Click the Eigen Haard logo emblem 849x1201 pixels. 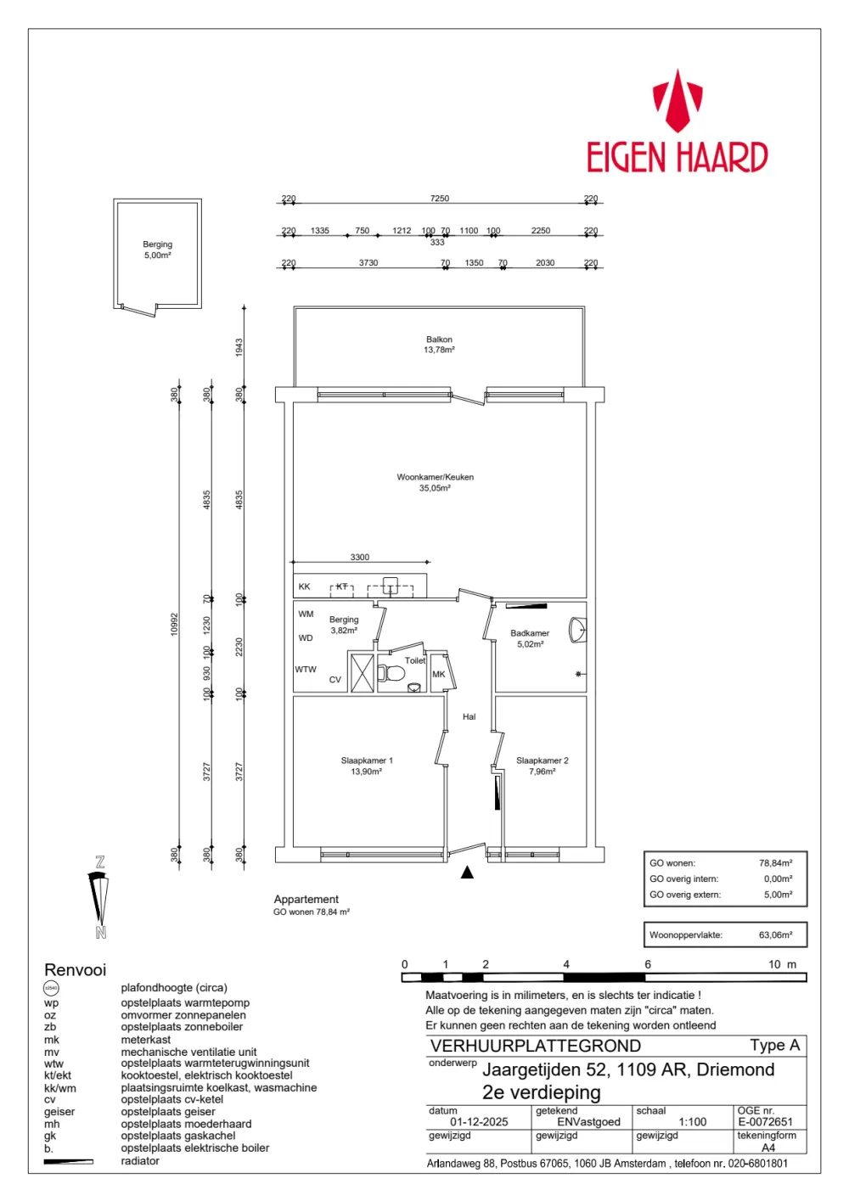click(x=677, y=102)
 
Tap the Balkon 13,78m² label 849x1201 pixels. click(x=439, y=345)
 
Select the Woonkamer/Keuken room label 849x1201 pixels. click(x=435, y=482)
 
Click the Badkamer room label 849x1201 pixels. click(x=530, y=638)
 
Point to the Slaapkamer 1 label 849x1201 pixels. click(x=367, y=766)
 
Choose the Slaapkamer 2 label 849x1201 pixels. click(x=543, y=766)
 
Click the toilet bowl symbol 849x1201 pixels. click(x=393, y=674)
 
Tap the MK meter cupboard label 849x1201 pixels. click(x=438, y=675)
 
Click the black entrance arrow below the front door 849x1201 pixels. click(x=467, y=873)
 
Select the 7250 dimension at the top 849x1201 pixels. click(x=440, y=199)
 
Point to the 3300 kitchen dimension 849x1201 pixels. click(x=360, y=557)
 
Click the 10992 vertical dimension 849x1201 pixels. click(x=175, y=624)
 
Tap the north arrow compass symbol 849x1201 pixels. click(x=100, y=897)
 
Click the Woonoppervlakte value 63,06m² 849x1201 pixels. click(x=775, y=935)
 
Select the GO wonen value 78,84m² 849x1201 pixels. click(x=775, y=863)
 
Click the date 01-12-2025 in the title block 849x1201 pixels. click(x=479, y=1122)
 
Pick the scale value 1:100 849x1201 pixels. click(x=693, y=1122)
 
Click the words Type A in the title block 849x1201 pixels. click(x=774, y=1046)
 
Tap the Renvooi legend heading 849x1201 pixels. click(x=76, y=970)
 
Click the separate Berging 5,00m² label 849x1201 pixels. click(x=158, y=250)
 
